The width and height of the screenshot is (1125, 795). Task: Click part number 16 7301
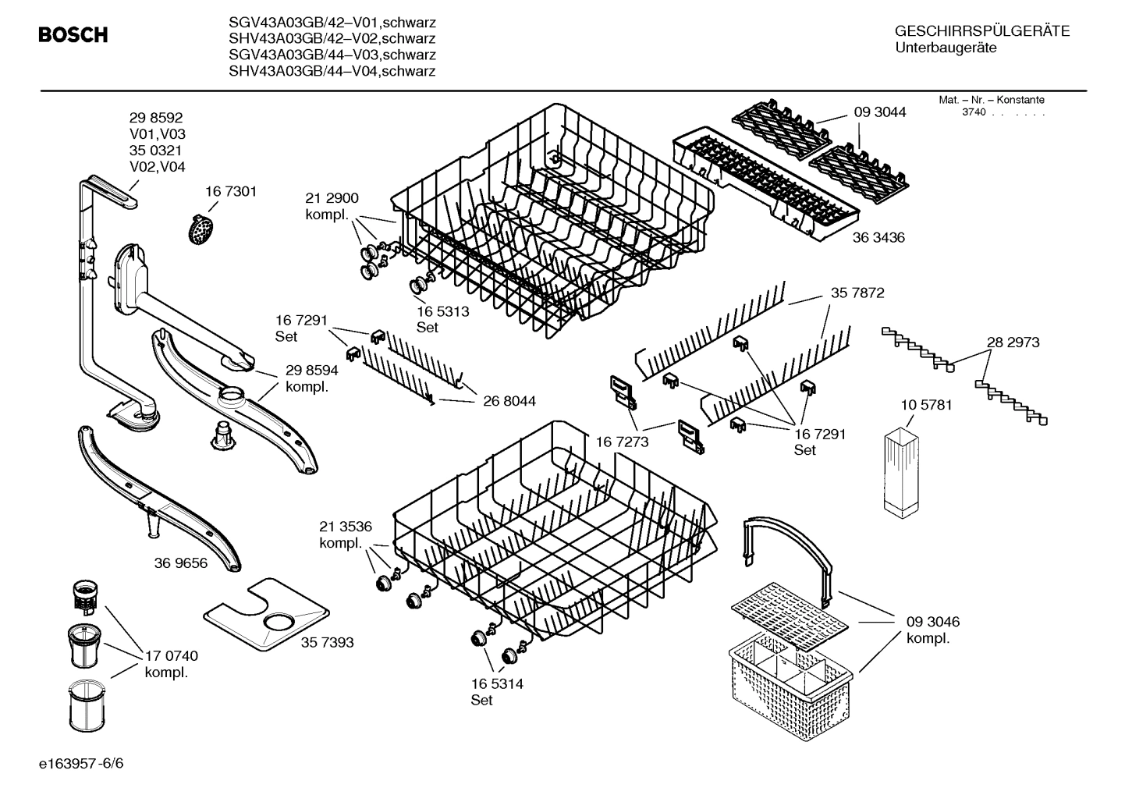tap(231, 191)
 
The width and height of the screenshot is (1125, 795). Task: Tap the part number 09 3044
tap(880, 112)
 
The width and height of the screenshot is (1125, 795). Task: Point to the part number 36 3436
tap(878, 237)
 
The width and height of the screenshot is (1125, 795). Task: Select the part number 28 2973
tap(1013, 342)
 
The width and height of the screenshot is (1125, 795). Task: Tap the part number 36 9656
tap(181, 563)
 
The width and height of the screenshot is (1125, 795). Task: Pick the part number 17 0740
tap(172, 656)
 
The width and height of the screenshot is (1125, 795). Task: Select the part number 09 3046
tap(933, 622)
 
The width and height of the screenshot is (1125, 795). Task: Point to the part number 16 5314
tap(497, 684)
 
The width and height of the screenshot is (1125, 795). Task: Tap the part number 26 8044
tap(509, 401)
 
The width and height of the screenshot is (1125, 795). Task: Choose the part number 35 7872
tap(857, 293)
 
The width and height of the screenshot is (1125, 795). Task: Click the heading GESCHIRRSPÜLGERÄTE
tap(982, 31)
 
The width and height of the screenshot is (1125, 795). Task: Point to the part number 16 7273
tap(622, 442)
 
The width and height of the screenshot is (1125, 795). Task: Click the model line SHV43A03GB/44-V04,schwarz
tap(332, 72)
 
